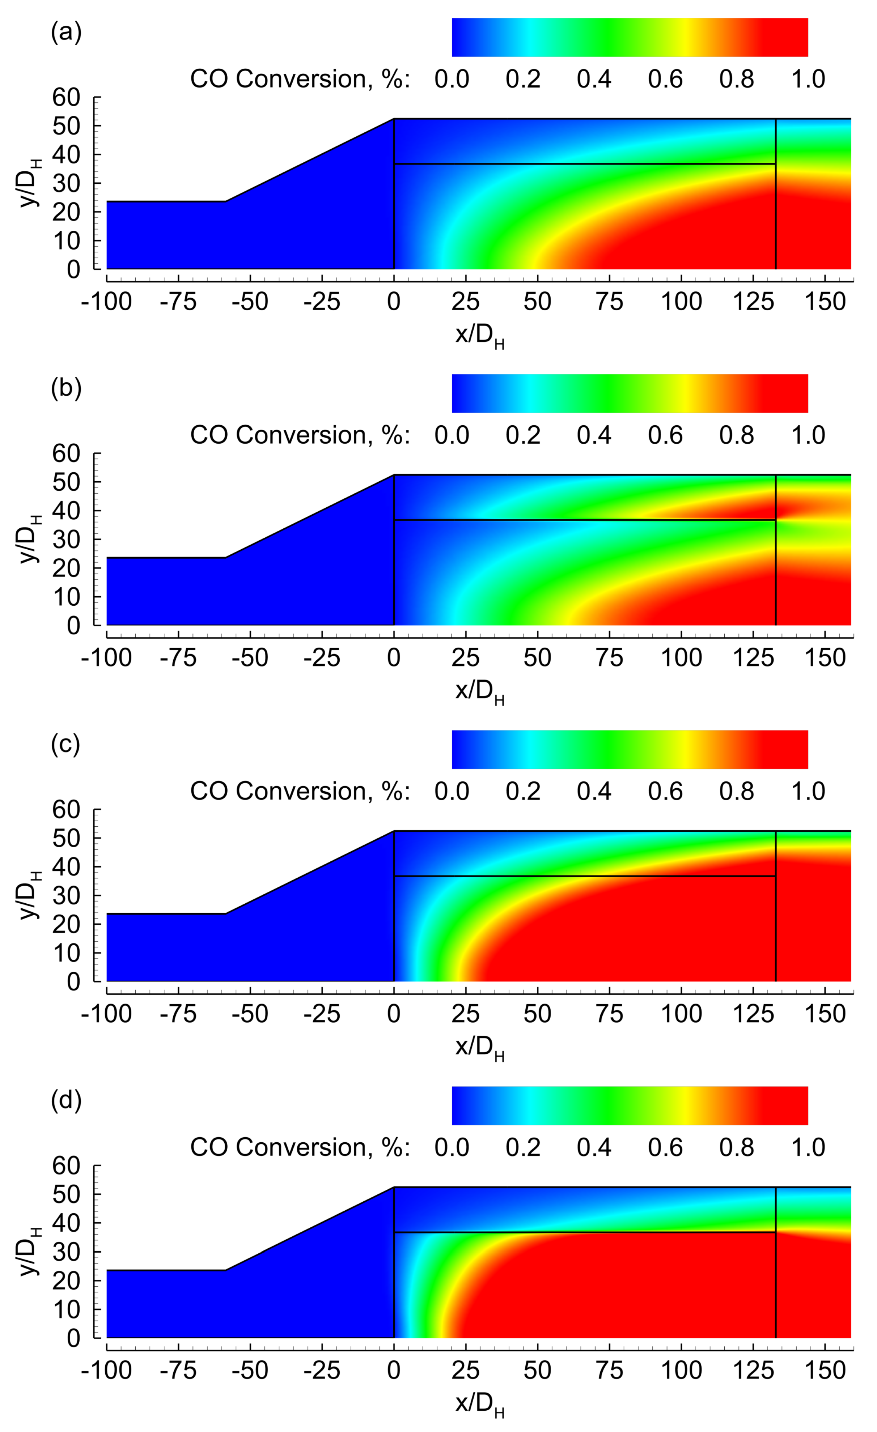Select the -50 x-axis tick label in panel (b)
[x=250, y=658]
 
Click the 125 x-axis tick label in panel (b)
[x=753, y=658]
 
